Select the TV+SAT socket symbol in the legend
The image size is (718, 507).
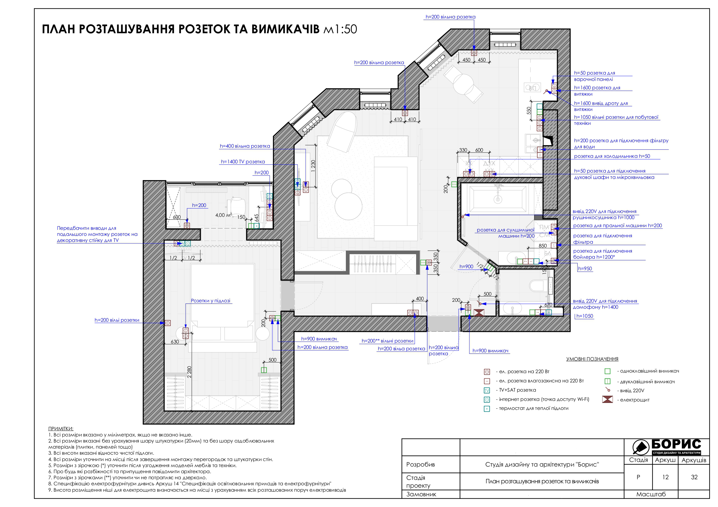(x=486, y=390)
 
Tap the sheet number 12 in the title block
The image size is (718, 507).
(x=665, y=477)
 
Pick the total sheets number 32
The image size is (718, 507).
(x=694, y=477)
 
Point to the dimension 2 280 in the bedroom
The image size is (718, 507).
(x=189, y=372)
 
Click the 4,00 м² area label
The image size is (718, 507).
(x=224, y=215)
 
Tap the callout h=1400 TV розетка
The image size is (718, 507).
(x=243, y=162)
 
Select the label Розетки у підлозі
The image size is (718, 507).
(x=210, y=301)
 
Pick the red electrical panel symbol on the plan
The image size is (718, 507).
(x=479, y=312)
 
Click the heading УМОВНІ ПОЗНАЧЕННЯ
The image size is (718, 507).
(x=592, y=359)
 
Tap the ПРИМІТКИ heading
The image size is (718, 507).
(x=61, y=429)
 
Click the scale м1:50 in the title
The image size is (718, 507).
(x=340, y=29)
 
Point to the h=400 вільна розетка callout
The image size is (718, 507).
(x=245, y=146)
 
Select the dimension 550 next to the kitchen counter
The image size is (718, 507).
(x=528, y=111)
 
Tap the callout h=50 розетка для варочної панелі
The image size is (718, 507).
(x=594, y=76)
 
